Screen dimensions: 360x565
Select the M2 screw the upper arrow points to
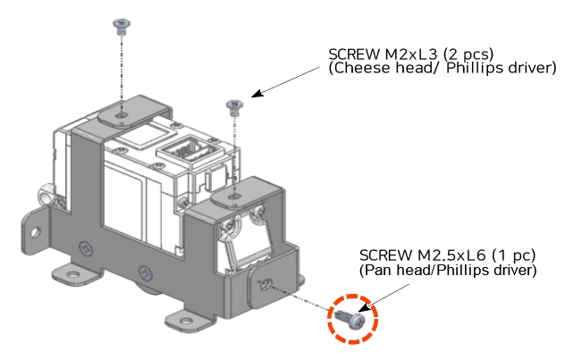(x=234, y=106)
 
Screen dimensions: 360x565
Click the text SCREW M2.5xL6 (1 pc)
(x=446, y=255)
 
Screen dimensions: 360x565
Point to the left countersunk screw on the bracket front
(x=84, y=247)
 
